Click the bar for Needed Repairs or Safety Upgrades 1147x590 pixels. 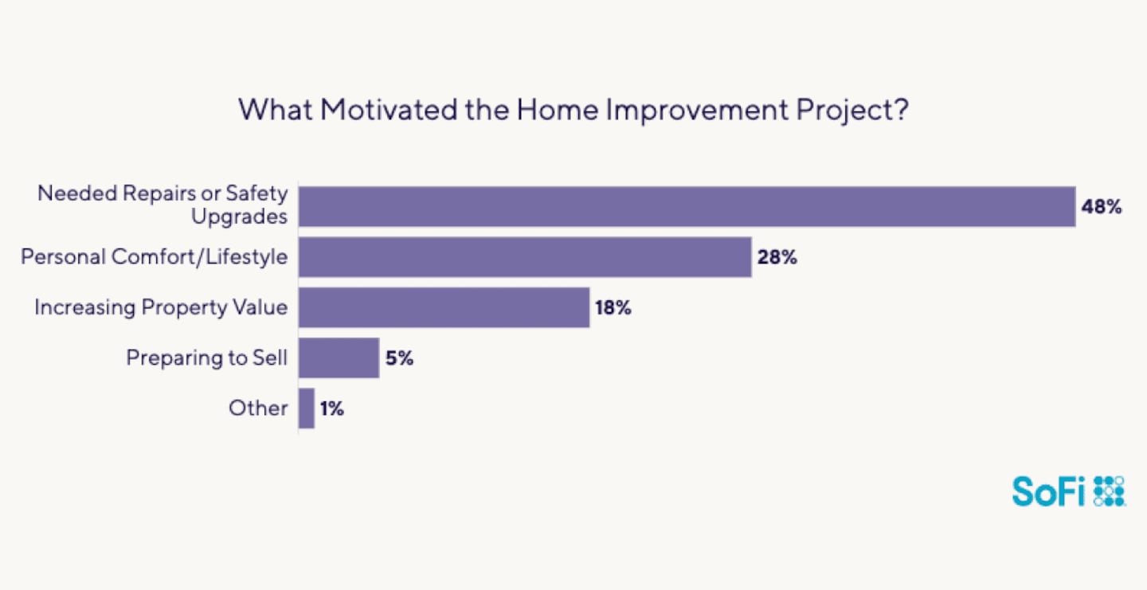coord(687,207)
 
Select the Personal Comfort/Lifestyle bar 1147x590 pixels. coord(526,257)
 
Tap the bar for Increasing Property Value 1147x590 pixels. coord(444,307)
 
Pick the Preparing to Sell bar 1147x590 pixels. coord(339,358)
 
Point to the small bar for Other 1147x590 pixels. coord(307,408)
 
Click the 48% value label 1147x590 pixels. coord(1102,207)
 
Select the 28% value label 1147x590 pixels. coord(777,257)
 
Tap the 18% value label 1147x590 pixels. coord(613,307)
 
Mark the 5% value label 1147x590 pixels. coord(399,358)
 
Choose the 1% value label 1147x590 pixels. coord(332,408)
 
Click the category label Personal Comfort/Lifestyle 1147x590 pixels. coord(155,257)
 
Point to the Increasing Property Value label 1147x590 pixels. coord(161,307)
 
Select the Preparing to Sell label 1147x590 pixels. coord(207,358)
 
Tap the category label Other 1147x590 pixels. coord(258,408)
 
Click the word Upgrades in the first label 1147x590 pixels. coord(239,217)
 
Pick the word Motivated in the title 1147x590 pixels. coord(389,110)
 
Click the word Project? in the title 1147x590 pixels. coord(852,111)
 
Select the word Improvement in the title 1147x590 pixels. coord(698,111)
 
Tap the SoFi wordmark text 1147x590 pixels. coord(1049,492)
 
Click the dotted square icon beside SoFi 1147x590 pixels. coord(1109,491)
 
